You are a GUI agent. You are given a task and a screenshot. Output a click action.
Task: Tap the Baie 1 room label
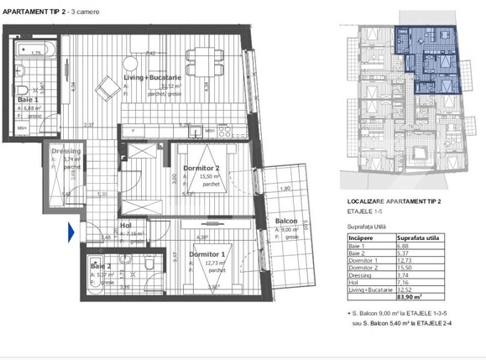[29, 98]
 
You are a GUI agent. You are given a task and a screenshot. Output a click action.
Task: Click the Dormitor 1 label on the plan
[205, 253]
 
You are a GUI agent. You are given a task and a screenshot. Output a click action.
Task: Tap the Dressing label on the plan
[65, 151]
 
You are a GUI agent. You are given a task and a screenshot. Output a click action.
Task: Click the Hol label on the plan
[124, 224]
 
